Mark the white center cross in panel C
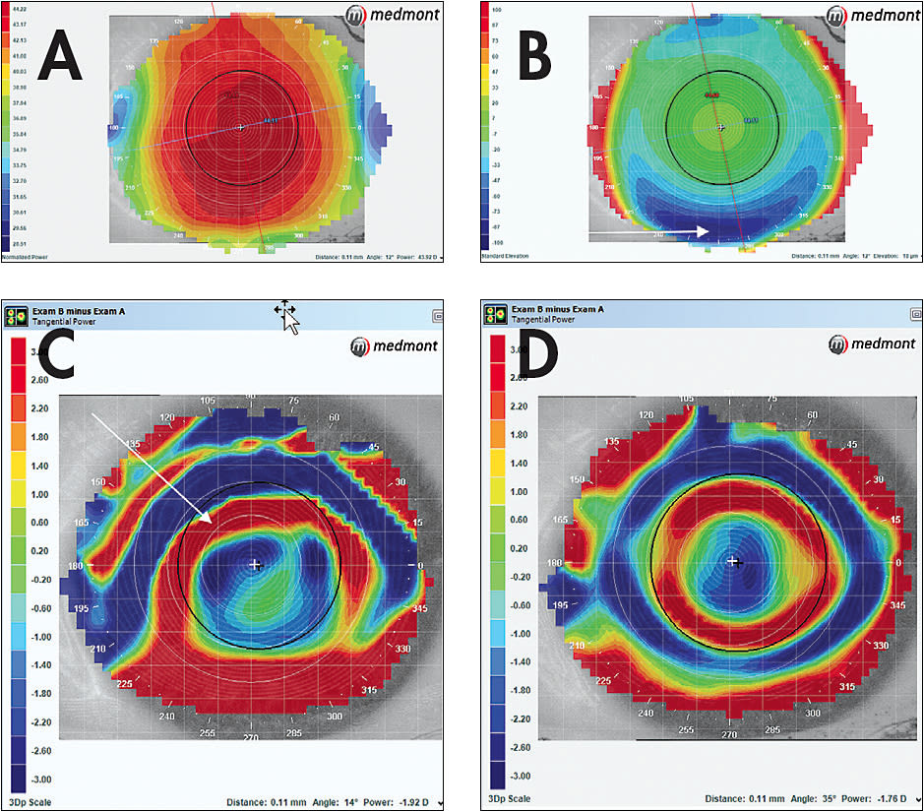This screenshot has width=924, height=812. pos(255,564)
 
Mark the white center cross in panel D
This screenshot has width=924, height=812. pos(731,560)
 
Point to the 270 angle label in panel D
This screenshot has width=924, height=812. pos(729,734)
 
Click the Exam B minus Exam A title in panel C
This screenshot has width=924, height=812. pos(80,310)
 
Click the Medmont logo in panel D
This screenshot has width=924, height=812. pos(871,344)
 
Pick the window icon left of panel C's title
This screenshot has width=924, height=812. pos(17,315)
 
